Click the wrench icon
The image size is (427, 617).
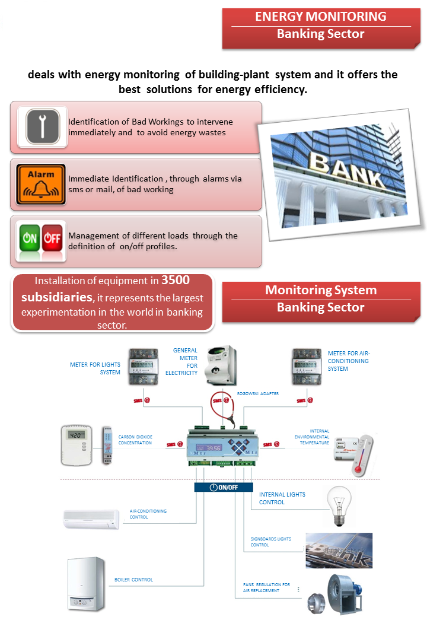[x=42, y=126]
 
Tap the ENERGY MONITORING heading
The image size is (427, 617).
[x=320, y=17]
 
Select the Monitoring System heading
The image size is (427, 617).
[x=320, y=290]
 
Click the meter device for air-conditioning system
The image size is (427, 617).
[x=307, y=367]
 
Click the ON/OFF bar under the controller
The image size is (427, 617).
[x=220, y=487]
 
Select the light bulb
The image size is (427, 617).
[x=338, y=506]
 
